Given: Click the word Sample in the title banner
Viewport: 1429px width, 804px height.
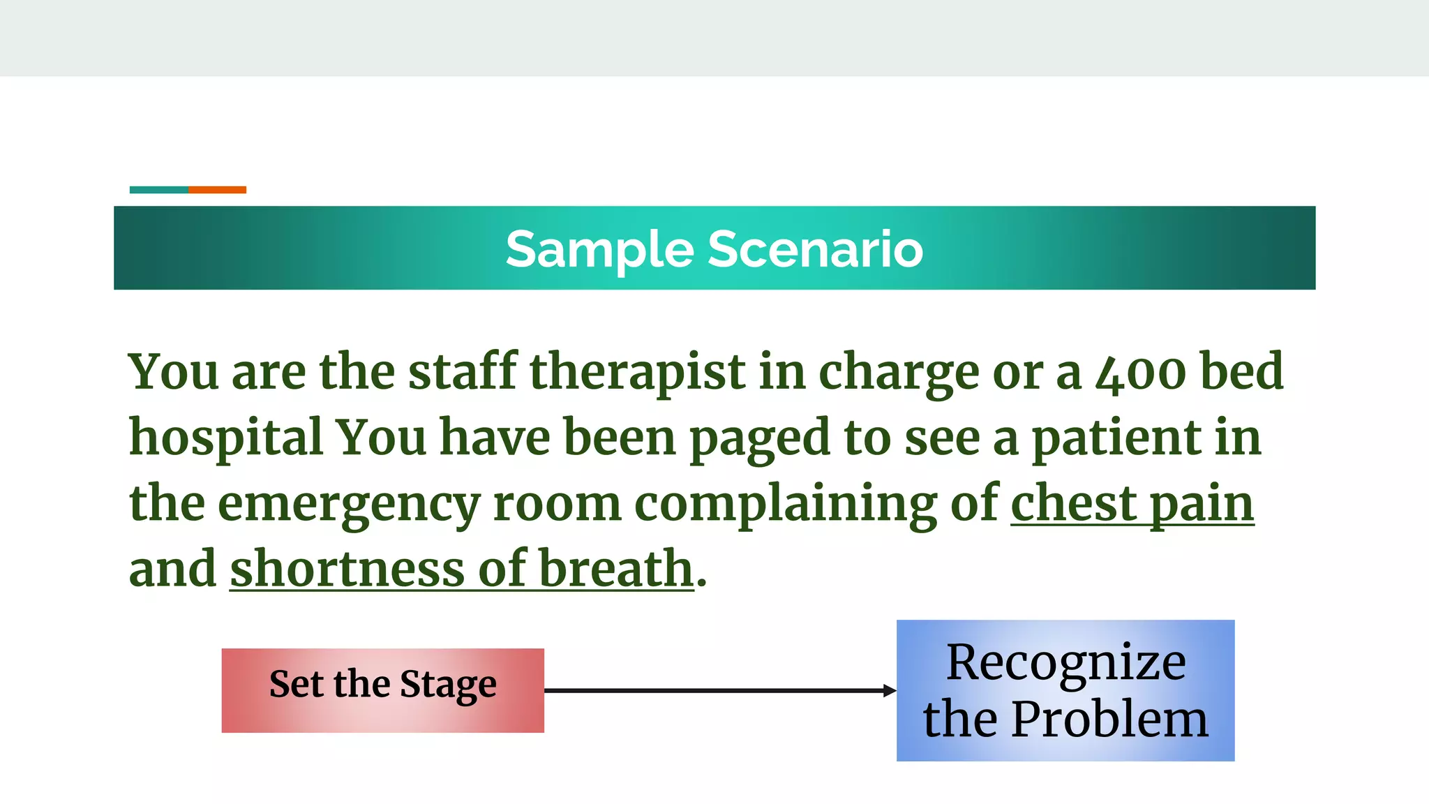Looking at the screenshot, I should point(599,250).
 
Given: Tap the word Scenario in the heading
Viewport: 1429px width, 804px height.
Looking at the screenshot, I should point(816,249).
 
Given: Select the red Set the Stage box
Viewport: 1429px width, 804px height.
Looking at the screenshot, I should point(382,690).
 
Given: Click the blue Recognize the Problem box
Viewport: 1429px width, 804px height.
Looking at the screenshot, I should point(1065,690).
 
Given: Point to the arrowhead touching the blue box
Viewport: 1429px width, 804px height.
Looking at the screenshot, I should point(890,690).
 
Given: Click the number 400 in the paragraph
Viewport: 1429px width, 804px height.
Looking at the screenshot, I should point(1140,372).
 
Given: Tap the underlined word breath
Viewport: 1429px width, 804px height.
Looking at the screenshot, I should point(616,568).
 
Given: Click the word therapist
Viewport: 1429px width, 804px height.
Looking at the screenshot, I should point(638,372).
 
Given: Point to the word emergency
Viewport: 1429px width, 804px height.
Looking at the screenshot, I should point(349,504).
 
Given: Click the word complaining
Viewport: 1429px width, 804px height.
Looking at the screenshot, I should point(786,504).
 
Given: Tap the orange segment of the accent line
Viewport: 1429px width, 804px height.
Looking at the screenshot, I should point(217,190).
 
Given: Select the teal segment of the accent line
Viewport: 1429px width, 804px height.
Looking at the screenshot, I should point(159,190).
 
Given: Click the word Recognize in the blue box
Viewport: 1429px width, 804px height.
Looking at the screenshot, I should point(1065,662).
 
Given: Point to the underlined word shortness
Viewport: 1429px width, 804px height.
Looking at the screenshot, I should point(347,568).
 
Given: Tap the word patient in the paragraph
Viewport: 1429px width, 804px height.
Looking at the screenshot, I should point(1116,438).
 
